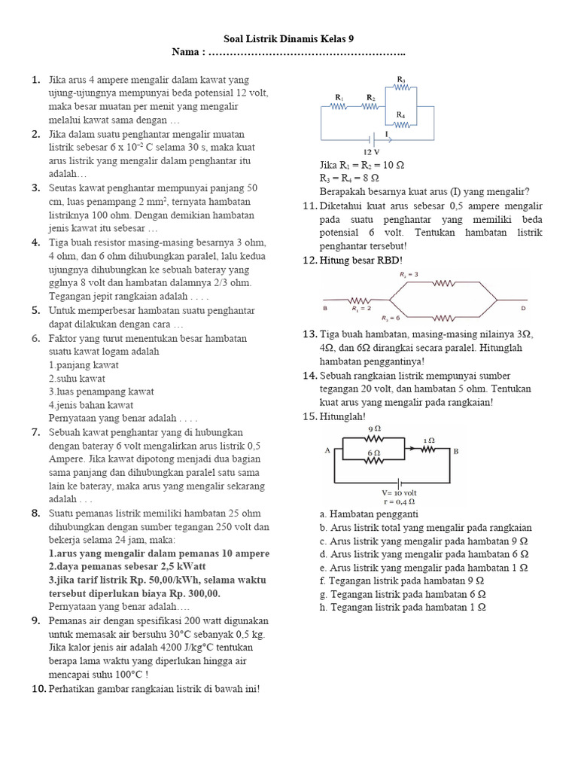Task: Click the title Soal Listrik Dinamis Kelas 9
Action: pyautogui.click(x=289, y=38)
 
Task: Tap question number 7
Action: pyautogui.click(x=35, y=432)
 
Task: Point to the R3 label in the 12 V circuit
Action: pyautogui.click(x=401, y=79)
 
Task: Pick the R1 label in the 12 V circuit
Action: pyautogui.click(x=339, y=97)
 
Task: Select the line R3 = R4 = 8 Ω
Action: pyautogui.click(x=349, y=178)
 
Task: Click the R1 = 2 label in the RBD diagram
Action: pyautogui.click(x=362, y=308)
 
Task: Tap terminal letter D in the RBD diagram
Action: pyautogui.click(x=522, y=309)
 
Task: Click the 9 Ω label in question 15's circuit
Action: pyautogui.click(x=373, y=428)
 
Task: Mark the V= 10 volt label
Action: pyautogui.click(x=399, y=492)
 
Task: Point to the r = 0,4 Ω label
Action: pyautogui.click(x=399, y=501)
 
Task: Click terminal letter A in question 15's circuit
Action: pyautogui.click(x=327, y=450)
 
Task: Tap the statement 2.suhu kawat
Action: pyautogui.click(x=78, y=378)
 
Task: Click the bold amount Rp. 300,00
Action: pyautogui.click(x=196, y=593)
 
